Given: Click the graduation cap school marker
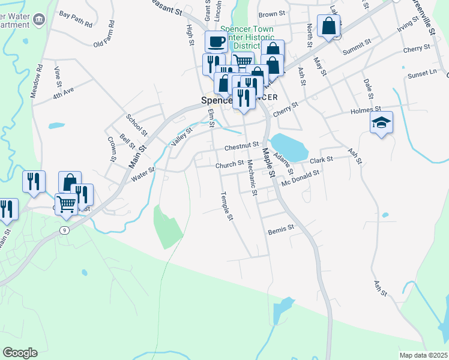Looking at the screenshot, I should [381, 123].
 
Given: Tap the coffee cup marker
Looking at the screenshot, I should [216, 41].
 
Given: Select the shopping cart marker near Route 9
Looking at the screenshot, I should [66, 203].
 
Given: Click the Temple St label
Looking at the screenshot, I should [226, 206].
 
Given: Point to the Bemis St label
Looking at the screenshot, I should [282, 228].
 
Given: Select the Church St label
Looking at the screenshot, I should [229, 164].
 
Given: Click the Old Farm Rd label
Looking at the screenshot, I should [107, 44].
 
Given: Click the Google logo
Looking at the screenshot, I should [20, 353].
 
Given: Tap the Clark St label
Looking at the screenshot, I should [321, 160].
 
